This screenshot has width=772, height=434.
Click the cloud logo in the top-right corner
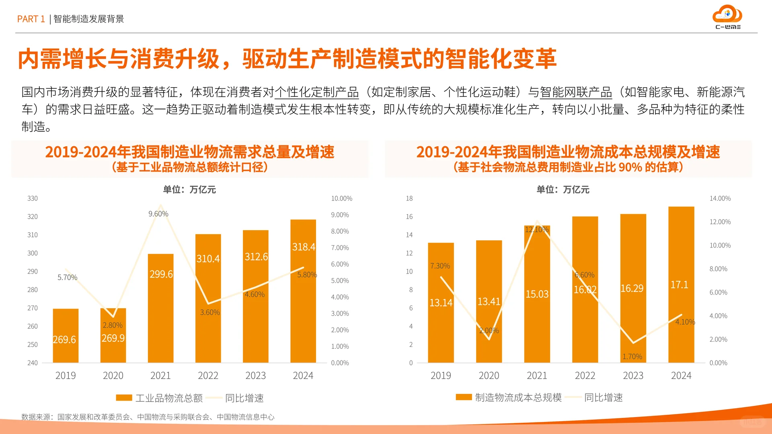point(727,15)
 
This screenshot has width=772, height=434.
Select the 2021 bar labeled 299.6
point(161,307)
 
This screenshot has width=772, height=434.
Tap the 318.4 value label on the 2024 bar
point(304,247)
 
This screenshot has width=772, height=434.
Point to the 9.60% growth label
point(158,214)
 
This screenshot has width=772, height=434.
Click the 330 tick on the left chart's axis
point(33,199)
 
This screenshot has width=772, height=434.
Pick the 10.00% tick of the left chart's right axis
point(341,199)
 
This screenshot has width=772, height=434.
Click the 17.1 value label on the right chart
point(679,285)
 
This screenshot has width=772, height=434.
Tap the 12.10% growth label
point(536,229)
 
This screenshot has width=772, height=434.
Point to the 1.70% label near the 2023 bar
point(632,356)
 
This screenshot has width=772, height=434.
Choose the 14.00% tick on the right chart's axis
point(720,199)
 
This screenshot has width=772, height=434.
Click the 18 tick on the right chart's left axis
point(409,199)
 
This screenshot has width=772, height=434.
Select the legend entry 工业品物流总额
point(168,398)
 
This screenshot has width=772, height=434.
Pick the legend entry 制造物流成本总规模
point(518,397)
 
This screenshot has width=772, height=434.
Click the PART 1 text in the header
point(31,19)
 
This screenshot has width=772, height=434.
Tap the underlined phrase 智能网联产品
point(575,92)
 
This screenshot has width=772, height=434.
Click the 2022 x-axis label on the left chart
point(208,375)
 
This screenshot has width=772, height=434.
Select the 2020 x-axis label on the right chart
point(489,375)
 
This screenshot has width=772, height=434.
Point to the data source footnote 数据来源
point(148,417)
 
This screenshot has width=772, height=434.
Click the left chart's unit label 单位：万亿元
point(189,190)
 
